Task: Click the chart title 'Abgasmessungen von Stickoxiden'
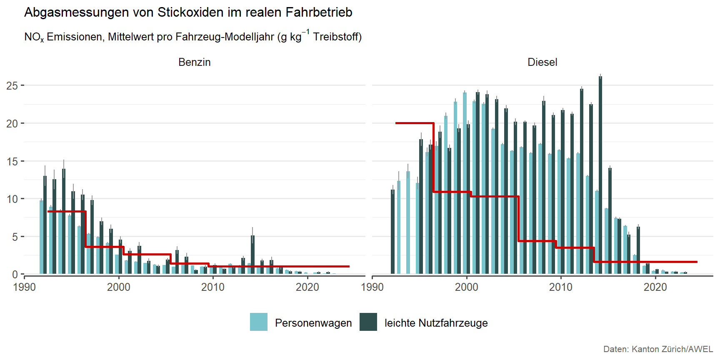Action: [x=188, y=12]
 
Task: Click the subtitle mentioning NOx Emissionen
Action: [x=192, y=37]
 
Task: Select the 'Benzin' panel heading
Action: [x=194, y=62]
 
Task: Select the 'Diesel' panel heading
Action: [x=542, y=62]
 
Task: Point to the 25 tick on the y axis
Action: [x=12, y=86]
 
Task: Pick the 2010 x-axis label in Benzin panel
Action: [x=213, y=287]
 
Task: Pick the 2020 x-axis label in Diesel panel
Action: [x=655, y=287]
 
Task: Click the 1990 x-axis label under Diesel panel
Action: [x=372, y=287]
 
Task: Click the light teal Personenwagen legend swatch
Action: [x=258, y=322]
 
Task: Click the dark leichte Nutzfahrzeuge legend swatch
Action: [x=368, y=322]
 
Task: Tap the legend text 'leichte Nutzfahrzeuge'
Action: [x=436, y=323]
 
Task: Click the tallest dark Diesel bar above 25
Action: [x=600, y=175]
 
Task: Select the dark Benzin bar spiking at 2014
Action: [x=252, y=255]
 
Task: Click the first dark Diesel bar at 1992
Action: [x=392, y=232]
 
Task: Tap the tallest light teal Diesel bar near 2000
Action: [x=465, y=183]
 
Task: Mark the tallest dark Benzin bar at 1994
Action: [x=64, y=221]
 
